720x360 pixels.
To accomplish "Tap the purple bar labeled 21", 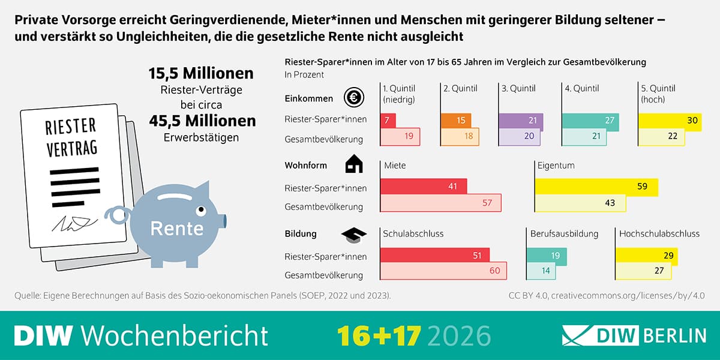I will coord(521,120).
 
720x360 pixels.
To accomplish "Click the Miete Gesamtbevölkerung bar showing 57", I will coord(441,203).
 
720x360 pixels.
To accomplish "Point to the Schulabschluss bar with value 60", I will coord(444,271).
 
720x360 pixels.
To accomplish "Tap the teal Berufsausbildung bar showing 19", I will coord(545,256).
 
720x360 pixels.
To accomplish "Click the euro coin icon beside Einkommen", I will coord(354,97).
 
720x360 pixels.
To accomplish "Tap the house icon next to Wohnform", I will coord(354,164).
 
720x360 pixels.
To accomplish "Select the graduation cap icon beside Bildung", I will coord(354,235).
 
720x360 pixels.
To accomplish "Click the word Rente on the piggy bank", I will coord(176,229).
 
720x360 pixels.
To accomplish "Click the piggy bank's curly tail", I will coord(115,215).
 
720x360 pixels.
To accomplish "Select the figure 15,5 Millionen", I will coord(201,74).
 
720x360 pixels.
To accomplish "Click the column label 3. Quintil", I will coord(518,88).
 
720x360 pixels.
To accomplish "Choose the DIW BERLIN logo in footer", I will coord(633,335).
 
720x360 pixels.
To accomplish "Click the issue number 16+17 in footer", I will coord(379,335).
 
